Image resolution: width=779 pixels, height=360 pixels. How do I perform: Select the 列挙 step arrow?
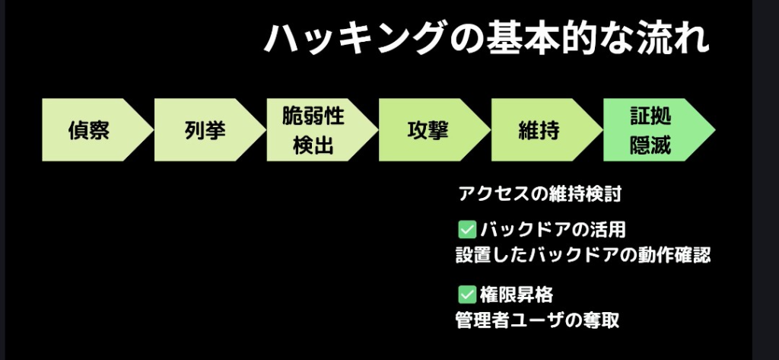[x=205, y=130]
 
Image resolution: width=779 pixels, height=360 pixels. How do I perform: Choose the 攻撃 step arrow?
[x=428, y=130]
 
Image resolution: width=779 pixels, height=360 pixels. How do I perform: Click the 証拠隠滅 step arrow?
[x=650, y=130]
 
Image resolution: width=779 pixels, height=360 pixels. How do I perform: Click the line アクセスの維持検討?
[x=540, y=194]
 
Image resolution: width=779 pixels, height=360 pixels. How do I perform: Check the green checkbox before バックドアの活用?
[x=466, y=228]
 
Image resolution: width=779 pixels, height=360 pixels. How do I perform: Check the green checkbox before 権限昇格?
[x=466, y=294]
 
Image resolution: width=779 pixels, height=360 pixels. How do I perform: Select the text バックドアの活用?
[x=553, y=228]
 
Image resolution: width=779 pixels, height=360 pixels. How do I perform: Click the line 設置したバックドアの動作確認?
[x=582, y=255]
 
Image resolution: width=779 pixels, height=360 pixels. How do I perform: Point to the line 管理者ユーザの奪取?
[x=536, y=320]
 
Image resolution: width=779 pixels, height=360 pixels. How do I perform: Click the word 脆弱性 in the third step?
[x=313, y=116]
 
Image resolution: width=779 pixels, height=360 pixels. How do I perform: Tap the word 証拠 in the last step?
[x=650, y=116]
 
